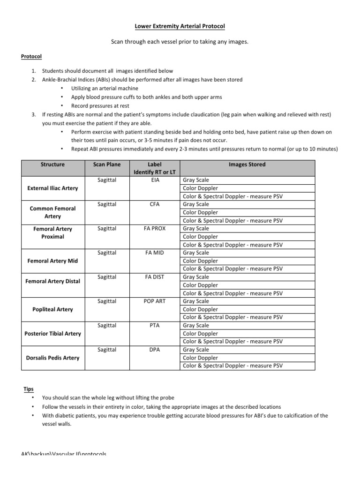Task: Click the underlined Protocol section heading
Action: [31, 56]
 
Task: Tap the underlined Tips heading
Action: [29, 389]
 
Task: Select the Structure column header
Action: [52, 165]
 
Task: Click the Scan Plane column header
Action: [107, 165]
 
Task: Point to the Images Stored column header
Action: [247, 165]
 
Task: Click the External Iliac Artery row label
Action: [52, 188]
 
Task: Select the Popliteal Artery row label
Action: [52, 309]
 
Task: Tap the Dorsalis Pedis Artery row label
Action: [52, 358]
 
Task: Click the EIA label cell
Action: [154, 180]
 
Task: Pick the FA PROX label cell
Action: [154, 229]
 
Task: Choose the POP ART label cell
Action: [154, 301]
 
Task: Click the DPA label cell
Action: [154, 350]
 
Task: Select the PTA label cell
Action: [154, 325]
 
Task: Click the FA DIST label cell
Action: [154, 277]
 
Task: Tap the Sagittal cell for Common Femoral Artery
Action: [107, 204]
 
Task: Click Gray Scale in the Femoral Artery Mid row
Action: [196, 253]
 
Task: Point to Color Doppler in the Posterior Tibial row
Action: [200, 334]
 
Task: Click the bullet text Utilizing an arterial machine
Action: [105, 88]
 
